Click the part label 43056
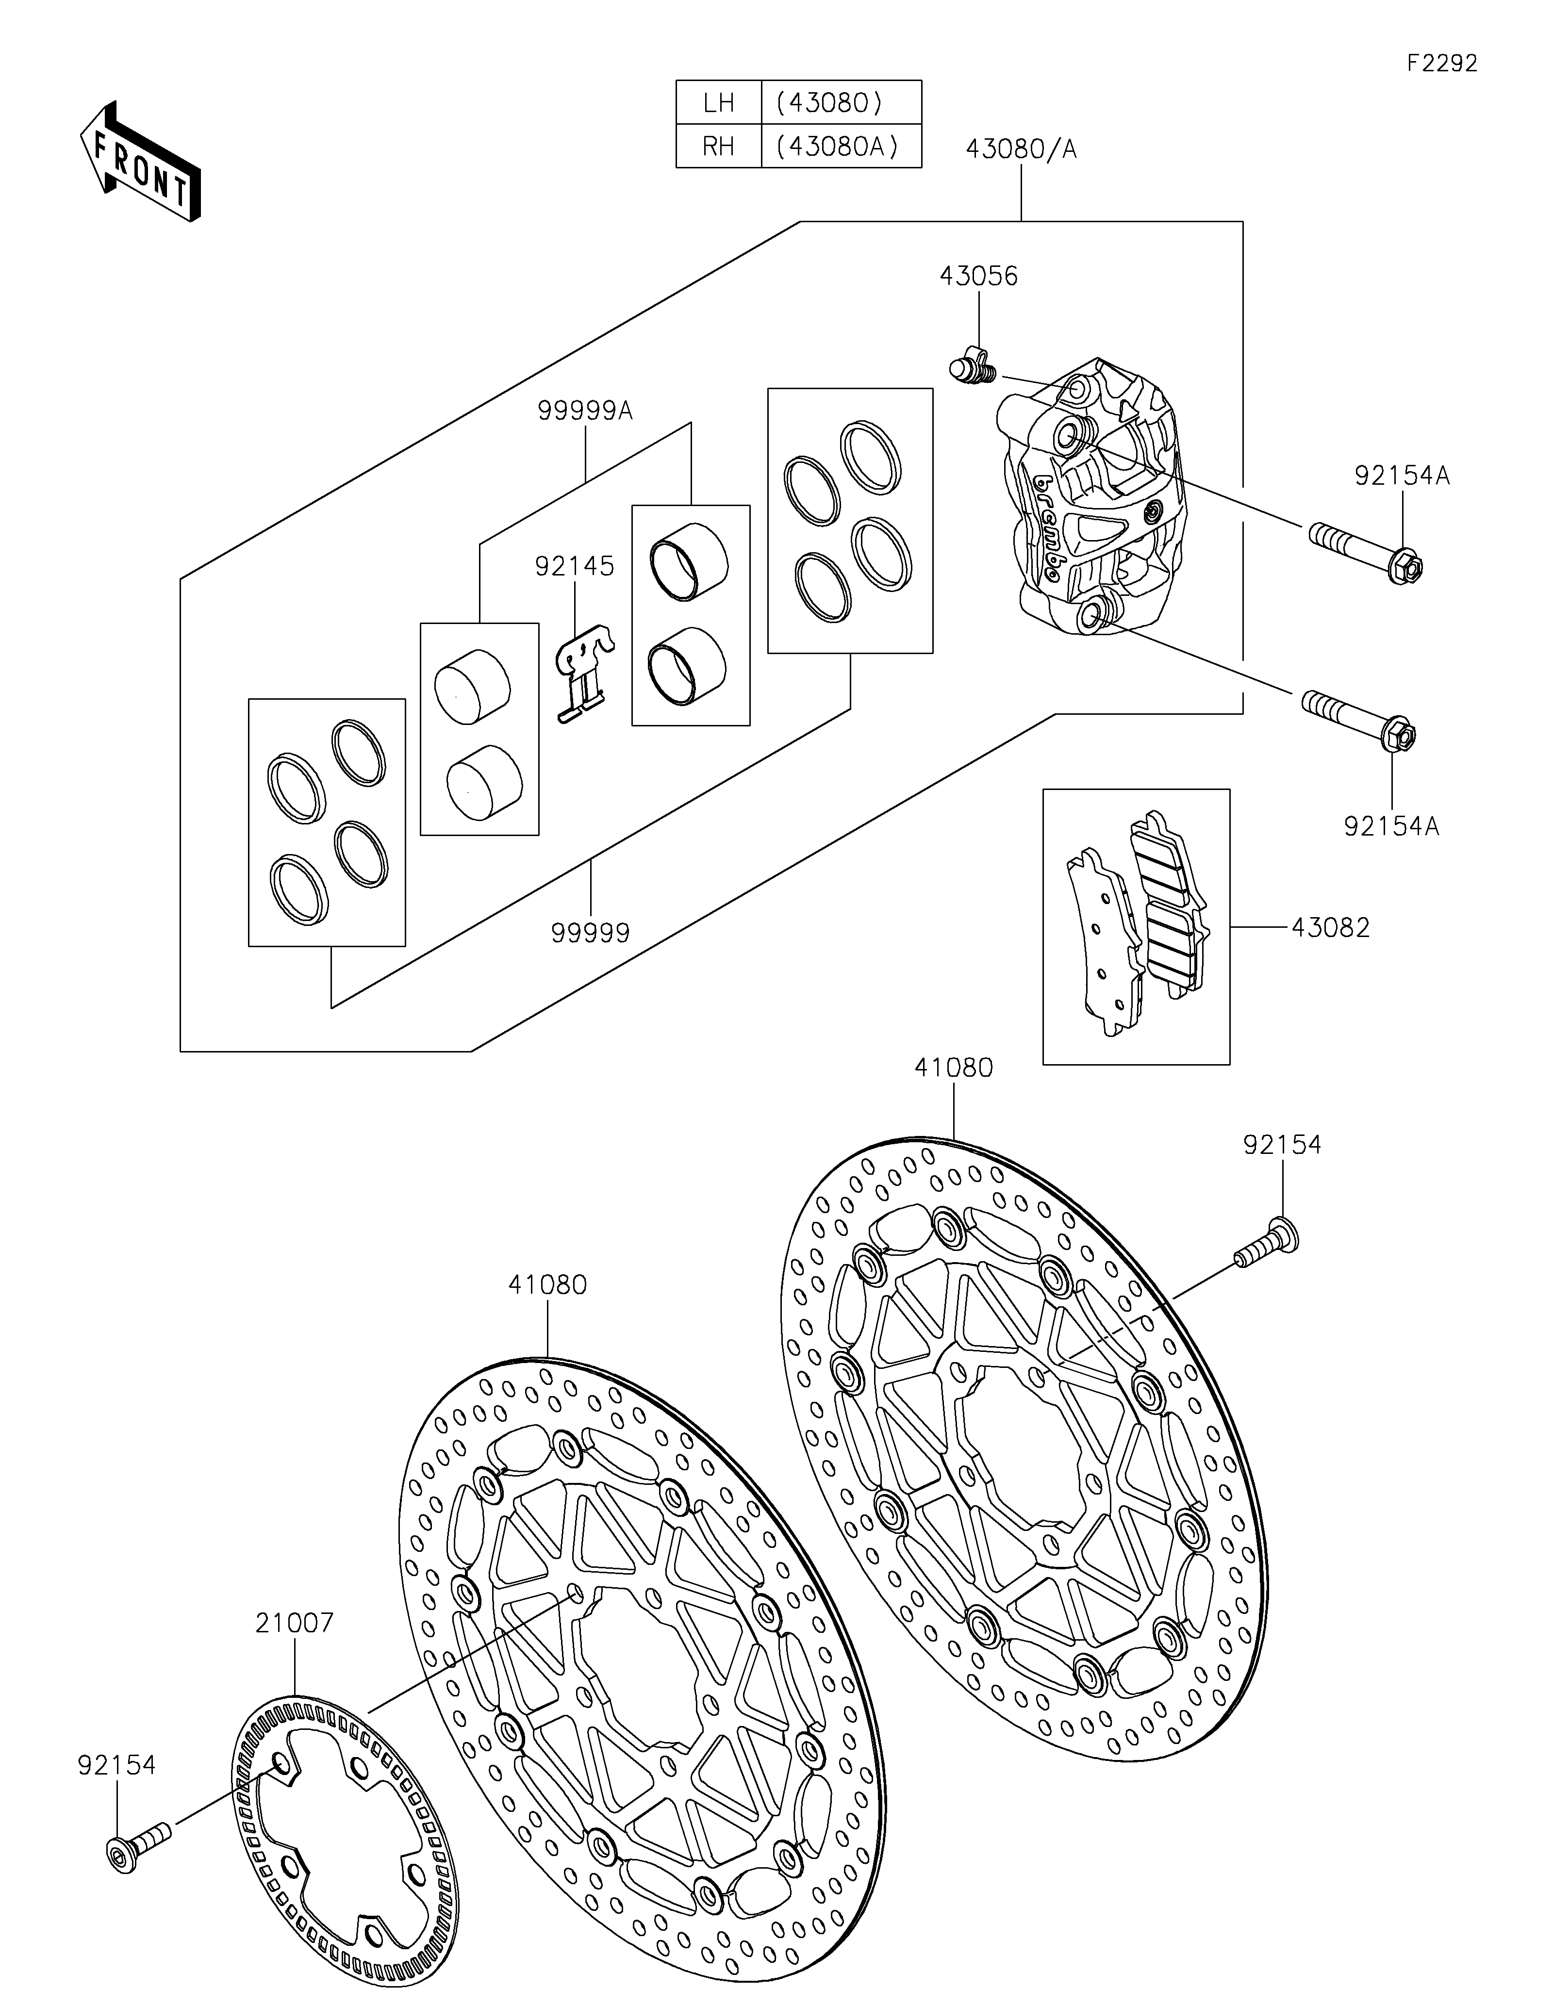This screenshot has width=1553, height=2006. tap(978, 277)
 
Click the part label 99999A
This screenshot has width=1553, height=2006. tap(586, 411)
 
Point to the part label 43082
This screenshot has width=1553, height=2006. tap(1330, 928)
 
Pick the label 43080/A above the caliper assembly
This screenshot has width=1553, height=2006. tap(1020, 149)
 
